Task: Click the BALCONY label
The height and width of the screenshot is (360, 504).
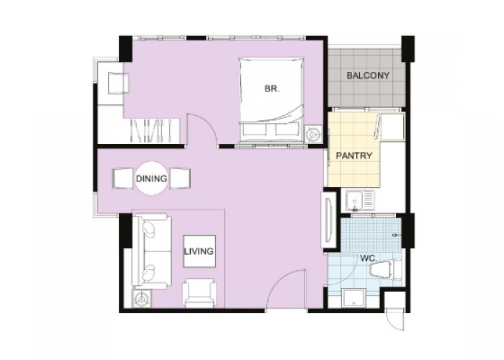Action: pos(368,76)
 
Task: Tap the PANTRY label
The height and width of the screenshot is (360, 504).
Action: pos(354,156)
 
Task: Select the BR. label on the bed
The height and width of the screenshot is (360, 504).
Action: pos(272,89)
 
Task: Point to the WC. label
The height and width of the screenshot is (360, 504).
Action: pos(369,258)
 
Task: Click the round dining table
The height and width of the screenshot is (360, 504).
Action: pos(151,178)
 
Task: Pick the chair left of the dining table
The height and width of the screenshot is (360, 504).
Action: pos(123,178)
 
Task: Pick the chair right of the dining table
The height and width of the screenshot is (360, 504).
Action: pos(180,178)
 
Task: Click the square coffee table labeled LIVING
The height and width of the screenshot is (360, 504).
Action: pos(199,251)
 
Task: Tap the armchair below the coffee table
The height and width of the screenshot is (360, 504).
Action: pos(199,292)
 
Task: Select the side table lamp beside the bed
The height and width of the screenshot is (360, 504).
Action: pos(313,134)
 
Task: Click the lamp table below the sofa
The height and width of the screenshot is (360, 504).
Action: pos(141,299)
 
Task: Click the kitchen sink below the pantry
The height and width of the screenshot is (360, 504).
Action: pos(360,201)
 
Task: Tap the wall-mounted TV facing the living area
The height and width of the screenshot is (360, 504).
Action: pos(328,219)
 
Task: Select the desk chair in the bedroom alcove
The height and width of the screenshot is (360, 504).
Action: pos(118,84)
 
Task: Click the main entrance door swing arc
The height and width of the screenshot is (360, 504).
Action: pos(279,280)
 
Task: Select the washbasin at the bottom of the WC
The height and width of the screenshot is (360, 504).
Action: pos(354,298)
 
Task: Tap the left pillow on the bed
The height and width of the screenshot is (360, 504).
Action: pos(254,130)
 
